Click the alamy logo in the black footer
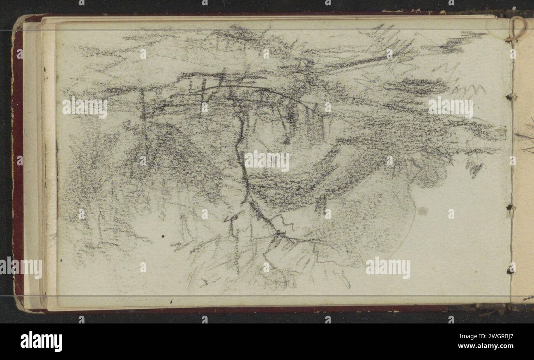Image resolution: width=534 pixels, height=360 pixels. point(41,342)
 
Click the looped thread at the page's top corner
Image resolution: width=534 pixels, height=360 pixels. point(517,29)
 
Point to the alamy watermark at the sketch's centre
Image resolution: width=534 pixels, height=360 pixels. point(267,161)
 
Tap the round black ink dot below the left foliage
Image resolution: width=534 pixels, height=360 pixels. point(163,236)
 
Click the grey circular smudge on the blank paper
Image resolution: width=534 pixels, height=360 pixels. point(422,211)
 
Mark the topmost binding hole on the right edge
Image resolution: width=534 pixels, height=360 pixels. point(511,97)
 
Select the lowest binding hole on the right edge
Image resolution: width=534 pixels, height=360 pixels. point(511,269)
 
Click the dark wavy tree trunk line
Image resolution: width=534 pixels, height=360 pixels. point(242,164)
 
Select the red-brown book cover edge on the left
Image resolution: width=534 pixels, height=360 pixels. point(17,164)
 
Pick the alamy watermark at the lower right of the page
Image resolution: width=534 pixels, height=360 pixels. point(388,268)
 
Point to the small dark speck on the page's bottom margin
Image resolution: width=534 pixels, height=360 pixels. point(171,302)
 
